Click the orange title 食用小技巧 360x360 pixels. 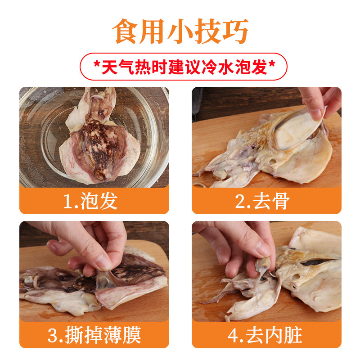(x=180, y=31)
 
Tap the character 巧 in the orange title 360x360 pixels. (x=235, y=31)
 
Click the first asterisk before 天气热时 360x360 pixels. (x=97, y=64)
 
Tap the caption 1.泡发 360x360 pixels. (x=90, y=201)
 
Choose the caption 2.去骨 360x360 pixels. (x=263, y=201)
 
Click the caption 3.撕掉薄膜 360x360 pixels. (x=94, y=335)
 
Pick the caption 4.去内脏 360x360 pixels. (x=265, y=335)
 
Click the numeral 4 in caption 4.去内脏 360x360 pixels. (x=233, y=336)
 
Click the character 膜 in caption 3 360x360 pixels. (x=132, y=335)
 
